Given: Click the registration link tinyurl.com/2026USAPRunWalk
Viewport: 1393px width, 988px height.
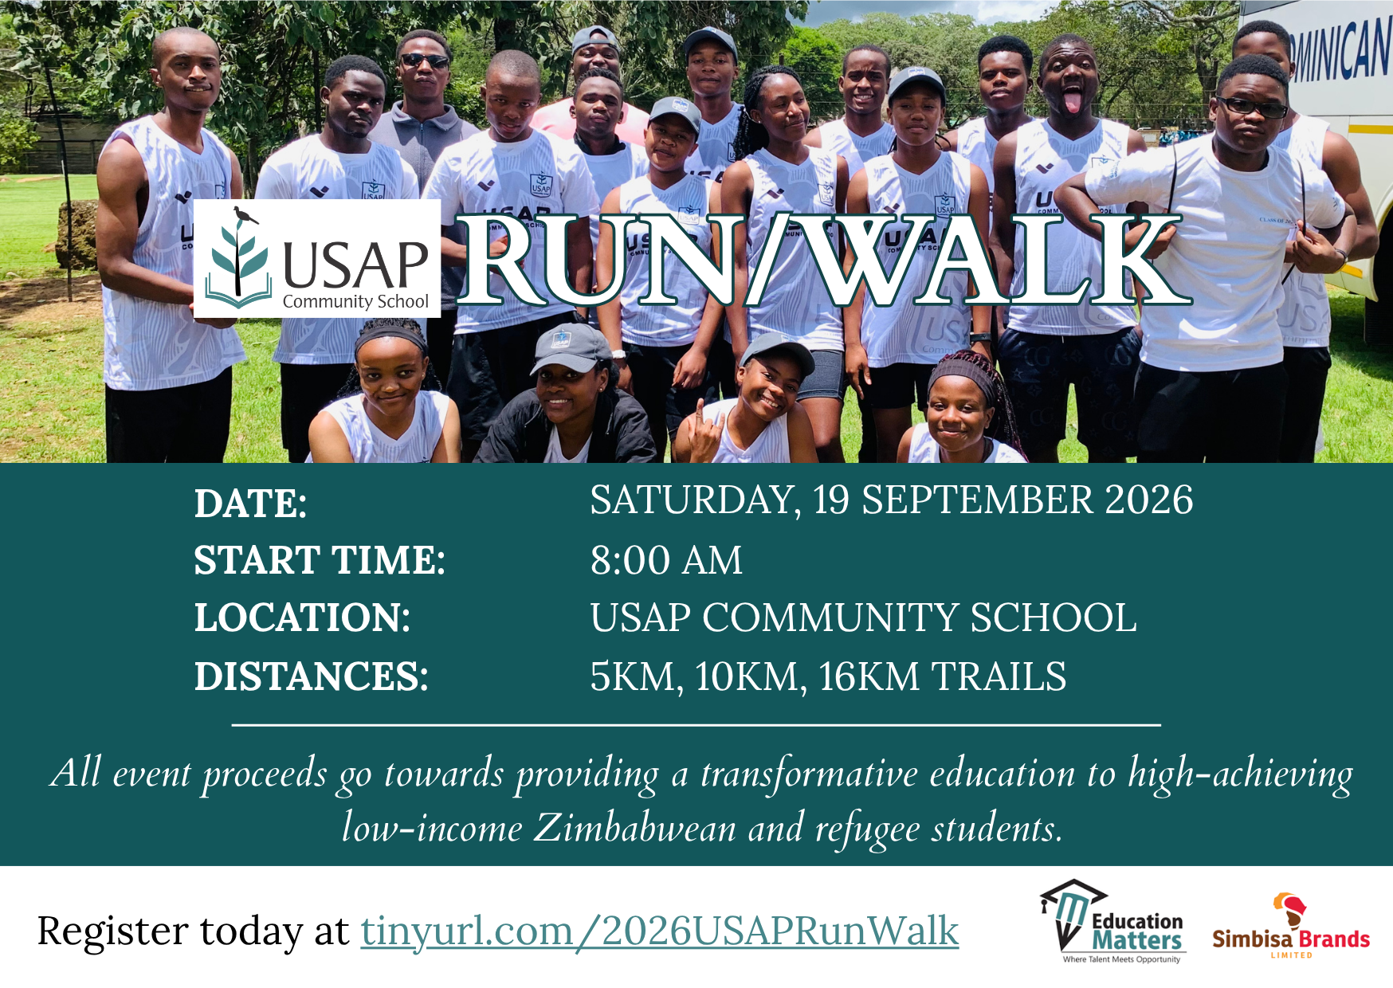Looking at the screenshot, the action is click(x=660, y=931).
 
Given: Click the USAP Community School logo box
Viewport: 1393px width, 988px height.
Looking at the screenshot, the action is click(x=317, y=259).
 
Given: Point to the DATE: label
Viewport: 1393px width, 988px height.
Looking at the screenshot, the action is click(x=250, y=504).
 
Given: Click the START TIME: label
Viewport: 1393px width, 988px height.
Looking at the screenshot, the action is click(x=320, y=560).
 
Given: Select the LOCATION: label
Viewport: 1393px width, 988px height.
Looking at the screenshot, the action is click(x=302, y=617).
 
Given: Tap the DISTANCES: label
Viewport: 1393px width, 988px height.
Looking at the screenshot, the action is click(x=311, y=676).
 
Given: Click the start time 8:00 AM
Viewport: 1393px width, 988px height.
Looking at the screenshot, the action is click(x=666, y=560).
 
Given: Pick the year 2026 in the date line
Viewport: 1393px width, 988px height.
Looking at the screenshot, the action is click(x=1148, y=500).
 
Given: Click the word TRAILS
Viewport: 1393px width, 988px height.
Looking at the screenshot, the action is click(x=999, y=676).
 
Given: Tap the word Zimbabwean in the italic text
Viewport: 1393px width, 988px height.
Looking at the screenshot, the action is click(x=634, y=828).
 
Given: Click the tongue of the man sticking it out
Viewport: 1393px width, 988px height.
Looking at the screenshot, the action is click(x=1073, y=102).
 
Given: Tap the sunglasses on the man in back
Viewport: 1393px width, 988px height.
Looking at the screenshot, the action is click(x=425, y=61).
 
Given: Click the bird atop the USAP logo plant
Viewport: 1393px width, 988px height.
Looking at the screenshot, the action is click(x=245, y=214).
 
